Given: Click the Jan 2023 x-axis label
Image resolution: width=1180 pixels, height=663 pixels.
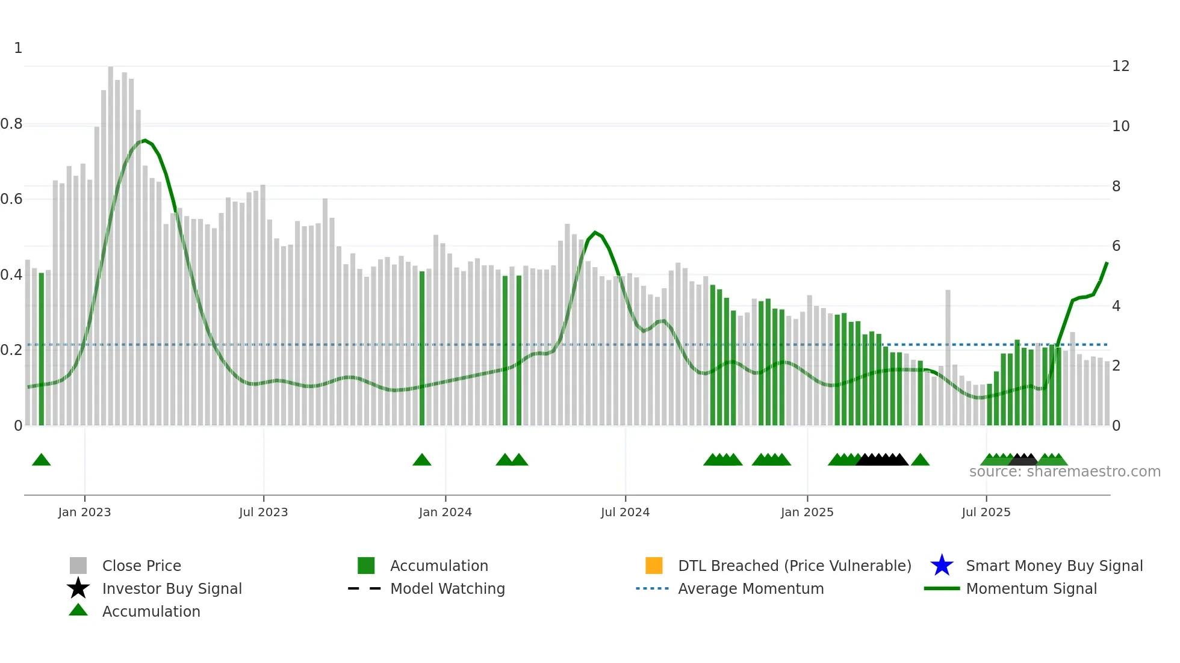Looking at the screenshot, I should [x=84, y=512].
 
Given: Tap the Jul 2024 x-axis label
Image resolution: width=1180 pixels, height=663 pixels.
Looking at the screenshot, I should [x=625, y=512].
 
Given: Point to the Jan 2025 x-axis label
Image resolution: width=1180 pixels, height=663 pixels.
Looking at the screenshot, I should [x=807, y=512].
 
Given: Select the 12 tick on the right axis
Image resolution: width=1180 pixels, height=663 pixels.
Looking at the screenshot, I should [x=1120, y=66].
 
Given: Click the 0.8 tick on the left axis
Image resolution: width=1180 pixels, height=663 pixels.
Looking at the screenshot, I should [x=11, y=124].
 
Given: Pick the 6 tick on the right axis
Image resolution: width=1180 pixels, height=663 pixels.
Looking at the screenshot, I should [x=1116, y=245].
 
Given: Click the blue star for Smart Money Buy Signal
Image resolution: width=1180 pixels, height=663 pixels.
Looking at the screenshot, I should [x=942, y=566].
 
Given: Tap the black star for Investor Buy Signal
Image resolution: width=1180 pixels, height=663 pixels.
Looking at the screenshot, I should [x=78, y=588].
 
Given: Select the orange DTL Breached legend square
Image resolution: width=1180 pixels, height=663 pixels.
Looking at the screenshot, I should [x=654, y=566].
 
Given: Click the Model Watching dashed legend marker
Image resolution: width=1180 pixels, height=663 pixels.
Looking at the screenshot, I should [x=364, y=588].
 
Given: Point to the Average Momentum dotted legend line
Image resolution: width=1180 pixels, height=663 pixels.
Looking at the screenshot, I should [x=652, y=588].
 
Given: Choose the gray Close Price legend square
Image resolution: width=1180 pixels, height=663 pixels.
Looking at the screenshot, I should [x=78, y=566].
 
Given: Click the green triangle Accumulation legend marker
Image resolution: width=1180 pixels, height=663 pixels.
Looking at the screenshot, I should [x=78, y=610].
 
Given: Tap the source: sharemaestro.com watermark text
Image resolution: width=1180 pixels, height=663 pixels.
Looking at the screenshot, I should [x=1064, y=472].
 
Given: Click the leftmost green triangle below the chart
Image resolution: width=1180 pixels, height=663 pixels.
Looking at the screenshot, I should [x=41, y=460].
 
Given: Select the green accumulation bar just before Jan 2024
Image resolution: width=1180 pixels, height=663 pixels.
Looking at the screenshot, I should [x=422, y=349].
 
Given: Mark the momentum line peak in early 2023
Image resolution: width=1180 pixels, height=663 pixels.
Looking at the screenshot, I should [x=144, y=140].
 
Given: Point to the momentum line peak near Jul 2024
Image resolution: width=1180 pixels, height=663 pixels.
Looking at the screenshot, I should [x=595, y=232].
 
